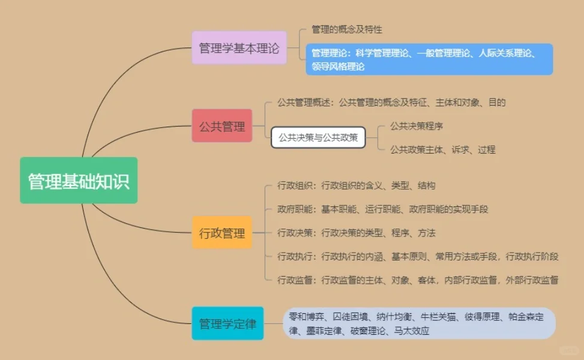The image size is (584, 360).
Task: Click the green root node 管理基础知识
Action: click(79, 181)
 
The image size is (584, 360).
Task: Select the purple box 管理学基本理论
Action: click(239, 47)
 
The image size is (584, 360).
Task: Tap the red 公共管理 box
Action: click(221, 126)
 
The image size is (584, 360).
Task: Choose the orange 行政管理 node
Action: click(221, 233)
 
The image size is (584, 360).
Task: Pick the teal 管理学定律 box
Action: click(227, 324)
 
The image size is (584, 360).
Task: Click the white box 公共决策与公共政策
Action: click(318, 137)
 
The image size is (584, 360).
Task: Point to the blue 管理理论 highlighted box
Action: click(429, 59)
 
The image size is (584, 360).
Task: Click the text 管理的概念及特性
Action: click(347, 29)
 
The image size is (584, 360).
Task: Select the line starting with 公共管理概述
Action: click(391, 102)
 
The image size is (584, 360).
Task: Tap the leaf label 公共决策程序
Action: click(417, 126)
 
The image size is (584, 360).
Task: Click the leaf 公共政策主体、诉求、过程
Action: click(442, 149)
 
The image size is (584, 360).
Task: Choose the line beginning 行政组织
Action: click(356, 185)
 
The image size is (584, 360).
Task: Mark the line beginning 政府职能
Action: click(382, 209)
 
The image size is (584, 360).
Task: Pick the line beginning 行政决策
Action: click(356, 233)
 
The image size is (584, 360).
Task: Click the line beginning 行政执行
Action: click(418, 257)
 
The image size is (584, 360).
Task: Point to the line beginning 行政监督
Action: click(418, 280)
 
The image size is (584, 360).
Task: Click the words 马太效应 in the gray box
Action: click(412, 331)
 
